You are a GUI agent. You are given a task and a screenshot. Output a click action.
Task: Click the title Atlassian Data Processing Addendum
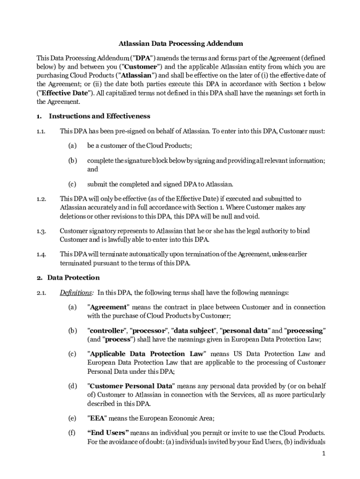coord(180,44)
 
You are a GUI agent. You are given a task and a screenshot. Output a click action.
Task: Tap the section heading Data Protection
coord(73,277)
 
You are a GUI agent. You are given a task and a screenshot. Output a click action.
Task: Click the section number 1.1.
coord(41,131)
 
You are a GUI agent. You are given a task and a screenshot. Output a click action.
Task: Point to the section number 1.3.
coord(41,231)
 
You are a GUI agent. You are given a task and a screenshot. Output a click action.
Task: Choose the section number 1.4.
coord(41,254)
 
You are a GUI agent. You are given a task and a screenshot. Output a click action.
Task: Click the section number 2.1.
coord(41,293)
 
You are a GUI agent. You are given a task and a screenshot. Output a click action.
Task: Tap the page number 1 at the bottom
coord(323,454)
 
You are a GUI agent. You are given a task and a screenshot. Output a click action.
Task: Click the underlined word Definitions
coord(75,293)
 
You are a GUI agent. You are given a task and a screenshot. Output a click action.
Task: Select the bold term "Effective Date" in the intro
coord(62,93)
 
